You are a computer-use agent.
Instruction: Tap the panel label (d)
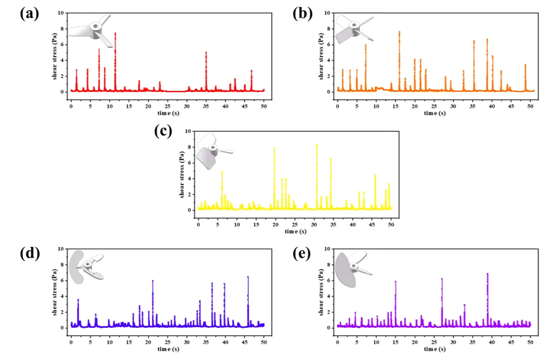point(29,254)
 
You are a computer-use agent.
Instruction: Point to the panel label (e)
point(303,254)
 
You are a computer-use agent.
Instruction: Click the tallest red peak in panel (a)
point(115,34)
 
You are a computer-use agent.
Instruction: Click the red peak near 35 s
point(206,53)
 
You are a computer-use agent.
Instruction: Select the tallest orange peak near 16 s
point(399,32)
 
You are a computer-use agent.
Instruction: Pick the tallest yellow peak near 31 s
point(316,145)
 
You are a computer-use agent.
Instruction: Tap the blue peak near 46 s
point(248,277)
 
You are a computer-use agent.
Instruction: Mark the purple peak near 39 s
point(487,274)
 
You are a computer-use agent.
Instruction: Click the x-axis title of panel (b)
point(434,113)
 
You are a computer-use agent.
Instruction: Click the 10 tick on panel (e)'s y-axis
point(328,249)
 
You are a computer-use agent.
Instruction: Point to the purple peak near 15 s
point(395,282)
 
